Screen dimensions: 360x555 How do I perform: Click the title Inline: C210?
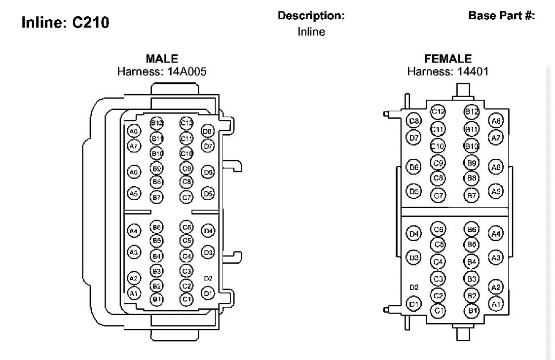coord(65,23)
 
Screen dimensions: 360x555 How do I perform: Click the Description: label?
coord(311,16)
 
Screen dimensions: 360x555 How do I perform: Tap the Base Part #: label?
coord(501,15)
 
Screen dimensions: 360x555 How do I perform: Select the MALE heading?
coord(162,60)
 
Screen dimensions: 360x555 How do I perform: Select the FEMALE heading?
coord(447,60)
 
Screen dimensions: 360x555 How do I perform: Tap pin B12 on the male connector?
coord(157,123)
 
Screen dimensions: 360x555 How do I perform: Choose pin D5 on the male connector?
coord(208,194)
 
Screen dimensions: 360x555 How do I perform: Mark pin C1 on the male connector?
coord(186,299)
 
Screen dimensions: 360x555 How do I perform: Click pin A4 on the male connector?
coord(134,230)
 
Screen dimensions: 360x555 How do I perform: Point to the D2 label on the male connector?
coord(208,279)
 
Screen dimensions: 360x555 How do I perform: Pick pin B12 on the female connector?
coord(472,112)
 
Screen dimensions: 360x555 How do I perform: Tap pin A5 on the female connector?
coord(496,191)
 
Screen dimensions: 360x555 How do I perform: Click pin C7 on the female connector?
coord(438,195)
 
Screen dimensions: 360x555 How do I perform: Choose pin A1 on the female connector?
coord(496,304)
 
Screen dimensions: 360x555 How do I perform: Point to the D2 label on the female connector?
coord(414,287)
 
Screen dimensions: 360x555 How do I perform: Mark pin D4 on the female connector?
coord(414,234)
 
